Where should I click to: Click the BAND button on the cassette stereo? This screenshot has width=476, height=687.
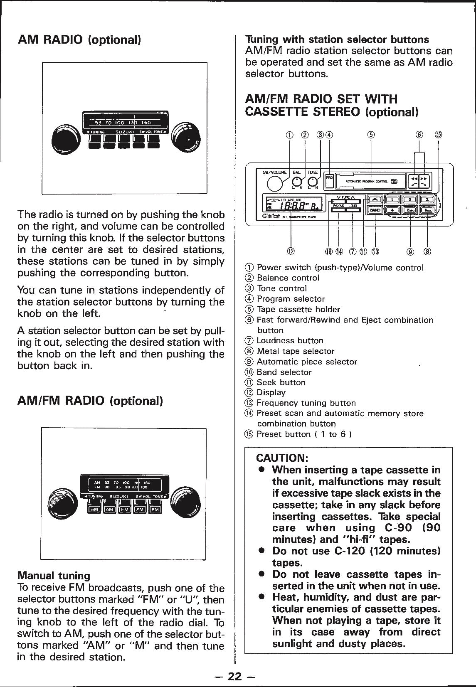[x=375, y=210]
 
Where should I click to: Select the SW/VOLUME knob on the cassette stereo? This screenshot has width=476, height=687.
[x=274, y=183]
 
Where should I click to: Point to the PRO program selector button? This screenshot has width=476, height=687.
[x=329, y=176]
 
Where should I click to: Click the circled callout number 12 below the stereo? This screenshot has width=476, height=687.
[x=290, y=251]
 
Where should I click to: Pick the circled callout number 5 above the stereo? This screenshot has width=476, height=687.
[x=371, y=134]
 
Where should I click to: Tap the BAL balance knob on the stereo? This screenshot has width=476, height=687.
[x=297, y=181]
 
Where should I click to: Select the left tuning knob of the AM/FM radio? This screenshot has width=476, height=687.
[x=62, y=499]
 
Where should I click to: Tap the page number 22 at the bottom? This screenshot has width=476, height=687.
[x=235, y=677]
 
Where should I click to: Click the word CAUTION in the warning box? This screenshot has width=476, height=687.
[x=282, y=458]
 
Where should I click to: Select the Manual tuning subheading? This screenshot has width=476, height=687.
[x=54, y=576]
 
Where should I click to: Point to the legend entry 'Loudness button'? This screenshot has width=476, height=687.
[x=290, y=341]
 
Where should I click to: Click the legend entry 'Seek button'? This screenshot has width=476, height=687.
[x=281, y=382]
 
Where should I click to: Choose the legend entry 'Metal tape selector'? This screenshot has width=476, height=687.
[x=295, y=351]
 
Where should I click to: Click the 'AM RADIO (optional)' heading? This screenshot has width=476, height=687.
[x=80, y=40]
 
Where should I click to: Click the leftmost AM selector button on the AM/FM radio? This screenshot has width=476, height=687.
[x=95, y=510]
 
